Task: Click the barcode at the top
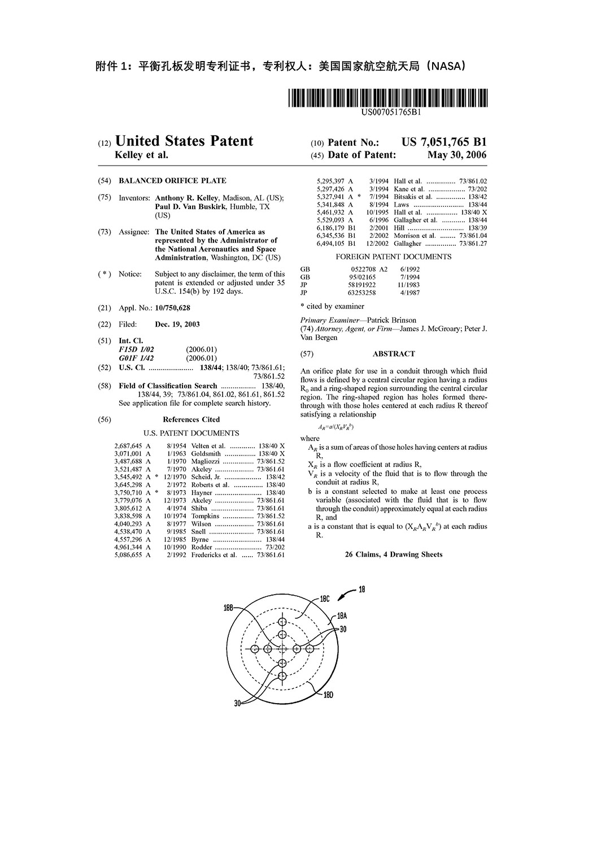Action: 387,98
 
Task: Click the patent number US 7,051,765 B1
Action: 444,142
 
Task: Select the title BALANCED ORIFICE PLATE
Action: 172,181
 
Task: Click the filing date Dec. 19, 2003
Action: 177,324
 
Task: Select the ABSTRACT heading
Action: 394,354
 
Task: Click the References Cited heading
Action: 191,419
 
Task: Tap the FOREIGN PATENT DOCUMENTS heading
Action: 394,257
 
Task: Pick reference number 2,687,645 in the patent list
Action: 128,446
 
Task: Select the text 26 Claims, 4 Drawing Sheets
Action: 394,554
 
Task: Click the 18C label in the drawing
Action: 325,598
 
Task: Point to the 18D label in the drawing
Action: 328,695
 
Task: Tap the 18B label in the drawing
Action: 228,608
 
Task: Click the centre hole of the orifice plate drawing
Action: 282,649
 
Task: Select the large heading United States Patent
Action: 184,141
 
